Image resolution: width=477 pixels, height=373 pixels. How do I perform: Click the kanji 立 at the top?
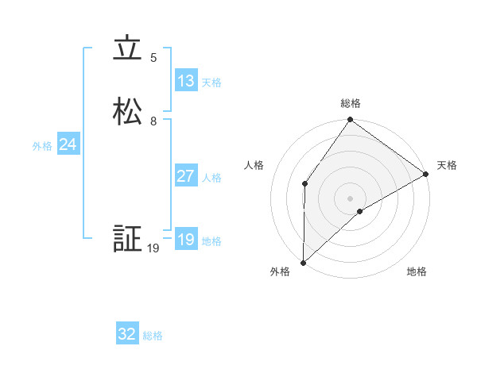[x=128, y=49]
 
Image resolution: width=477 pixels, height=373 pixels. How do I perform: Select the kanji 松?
[x=128, y=112]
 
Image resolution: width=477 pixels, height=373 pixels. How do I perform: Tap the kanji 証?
[x=128, y=239]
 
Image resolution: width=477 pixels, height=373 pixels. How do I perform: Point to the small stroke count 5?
[x=153, y=58]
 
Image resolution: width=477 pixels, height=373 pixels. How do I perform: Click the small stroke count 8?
[x=153, y=121]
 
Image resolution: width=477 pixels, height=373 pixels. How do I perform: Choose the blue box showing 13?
[x=186, y=81]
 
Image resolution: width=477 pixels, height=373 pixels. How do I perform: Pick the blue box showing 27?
[x=186, y=176]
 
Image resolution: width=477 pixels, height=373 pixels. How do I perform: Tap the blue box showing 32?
[x=127, y=334]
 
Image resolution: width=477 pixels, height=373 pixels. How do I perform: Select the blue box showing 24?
[x=68, y=144]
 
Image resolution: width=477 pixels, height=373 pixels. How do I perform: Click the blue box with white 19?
[x=186, y=240]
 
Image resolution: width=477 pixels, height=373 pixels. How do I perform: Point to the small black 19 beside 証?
[x=153, y=248]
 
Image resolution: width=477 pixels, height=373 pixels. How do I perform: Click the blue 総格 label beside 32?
[x=153, y=336]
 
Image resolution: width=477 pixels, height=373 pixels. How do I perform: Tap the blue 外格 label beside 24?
[x=42, y=146]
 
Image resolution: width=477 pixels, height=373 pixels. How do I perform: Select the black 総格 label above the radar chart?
[x=351, y=103]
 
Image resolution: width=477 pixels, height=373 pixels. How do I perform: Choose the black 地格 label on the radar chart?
[x=417, y=271]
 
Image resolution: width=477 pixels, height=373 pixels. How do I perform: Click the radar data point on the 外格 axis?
[x=304, y=262]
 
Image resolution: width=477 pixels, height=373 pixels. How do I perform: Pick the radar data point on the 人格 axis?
[x=305, y=184]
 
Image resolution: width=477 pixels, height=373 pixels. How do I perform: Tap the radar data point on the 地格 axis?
[x=360, y=211]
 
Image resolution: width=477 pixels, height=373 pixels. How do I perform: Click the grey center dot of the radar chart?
[x=351, y=198]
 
